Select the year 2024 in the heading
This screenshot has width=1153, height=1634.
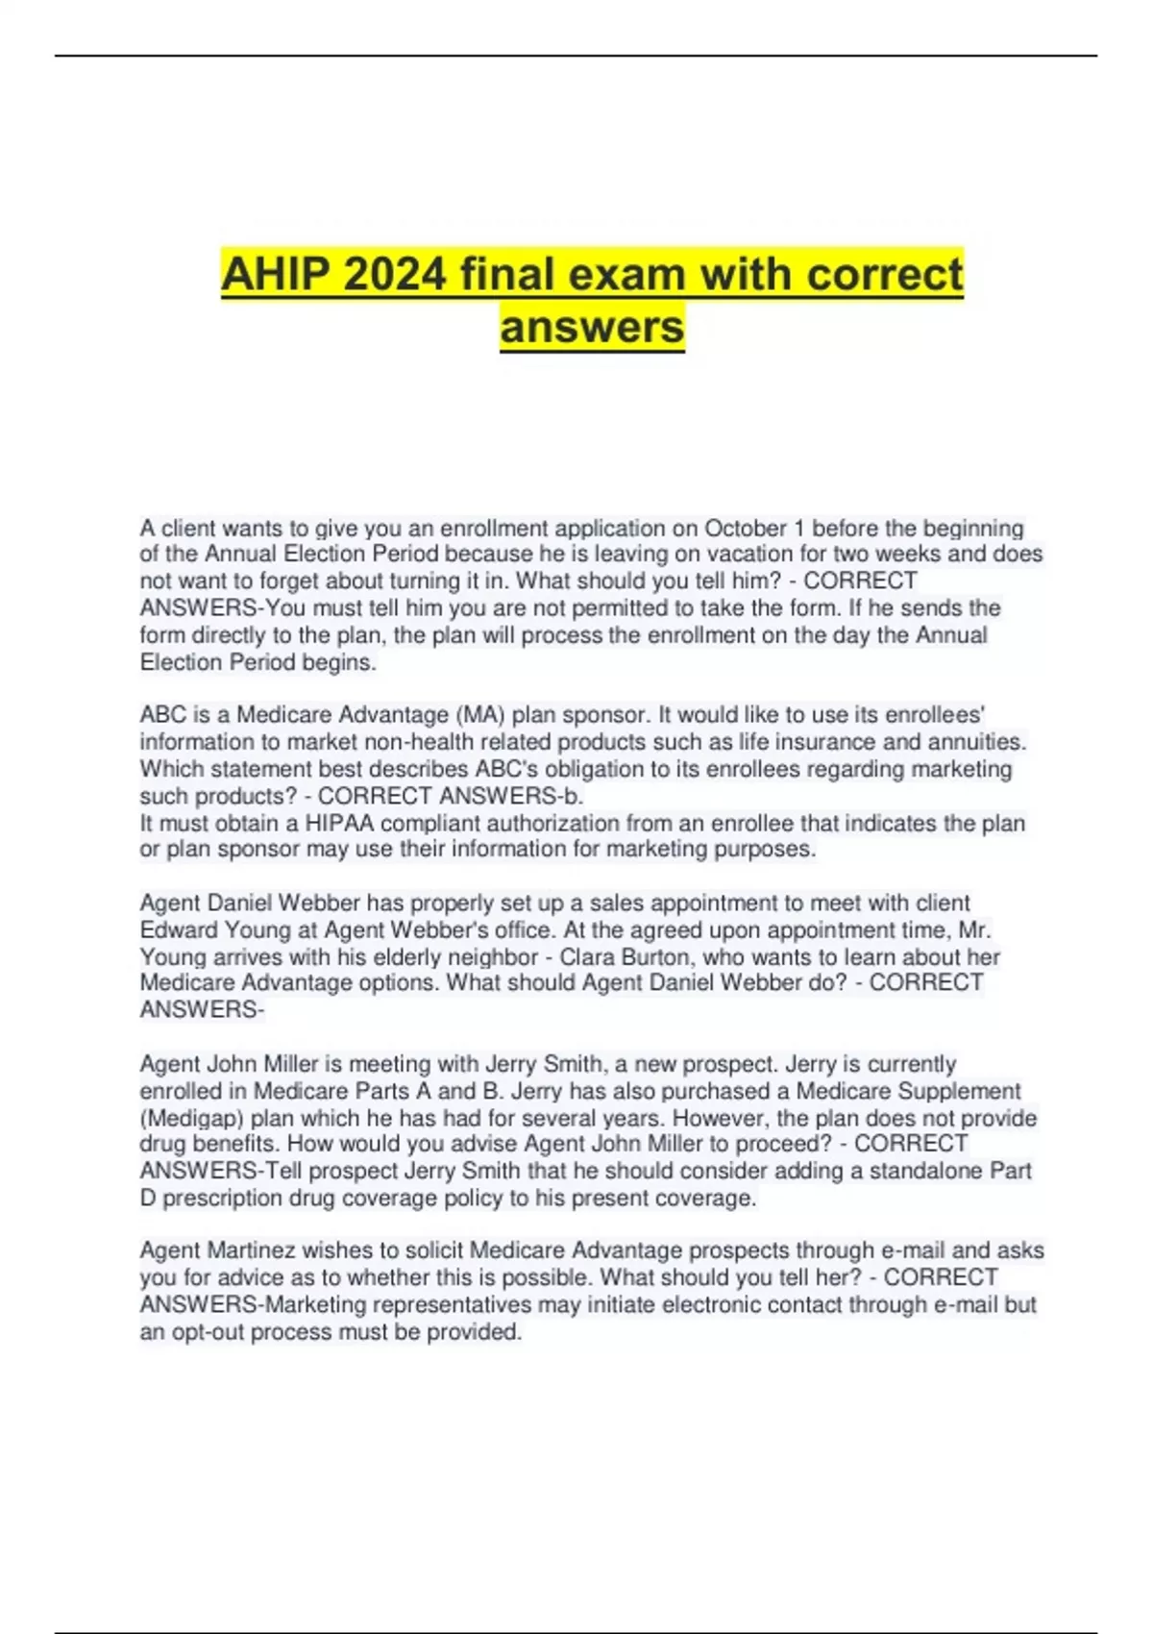(x=395, y=276)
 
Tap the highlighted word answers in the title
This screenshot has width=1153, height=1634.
(x=592, y=327)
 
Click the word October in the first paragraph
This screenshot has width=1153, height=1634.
(x=746, y=529)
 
